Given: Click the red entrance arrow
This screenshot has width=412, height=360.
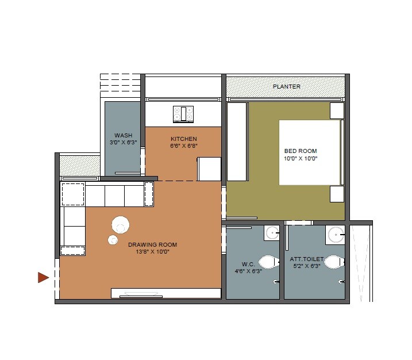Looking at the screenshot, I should (43, 278).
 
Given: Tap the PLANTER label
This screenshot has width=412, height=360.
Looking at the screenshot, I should (286, 87).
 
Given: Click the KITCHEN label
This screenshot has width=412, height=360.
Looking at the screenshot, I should (183, 139).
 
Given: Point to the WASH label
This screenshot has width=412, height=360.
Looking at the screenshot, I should (123, 136).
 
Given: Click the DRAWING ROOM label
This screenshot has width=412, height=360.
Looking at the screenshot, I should (152, 245).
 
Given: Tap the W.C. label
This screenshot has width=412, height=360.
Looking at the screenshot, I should (248, 265).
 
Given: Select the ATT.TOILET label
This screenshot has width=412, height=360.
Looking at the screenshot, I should (307, 259).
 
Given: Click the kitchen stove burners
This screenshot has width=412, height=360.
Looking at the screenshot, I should (183, 113).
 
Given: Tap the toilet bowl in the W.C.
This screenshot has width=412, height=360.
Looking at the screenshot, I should (268, 262).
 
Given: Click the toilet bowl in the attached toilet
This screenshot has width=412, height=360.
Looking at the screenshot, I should (333, 262).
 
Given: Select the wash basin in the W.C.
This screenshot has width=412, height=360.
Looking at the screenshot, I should (272, 233).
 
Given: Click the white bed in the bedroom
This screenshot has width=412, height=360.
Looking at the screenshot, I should (309, 152).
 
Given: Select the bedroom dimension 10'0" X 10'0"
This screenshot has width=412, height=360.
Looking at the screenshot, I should (301, 158).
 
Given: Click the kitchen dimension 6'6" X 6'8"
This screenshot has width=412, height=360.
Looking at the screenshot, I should (183, 146).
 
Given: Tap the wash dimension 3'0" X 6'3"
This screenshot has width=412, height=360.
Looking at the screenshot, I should (123, 142).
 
